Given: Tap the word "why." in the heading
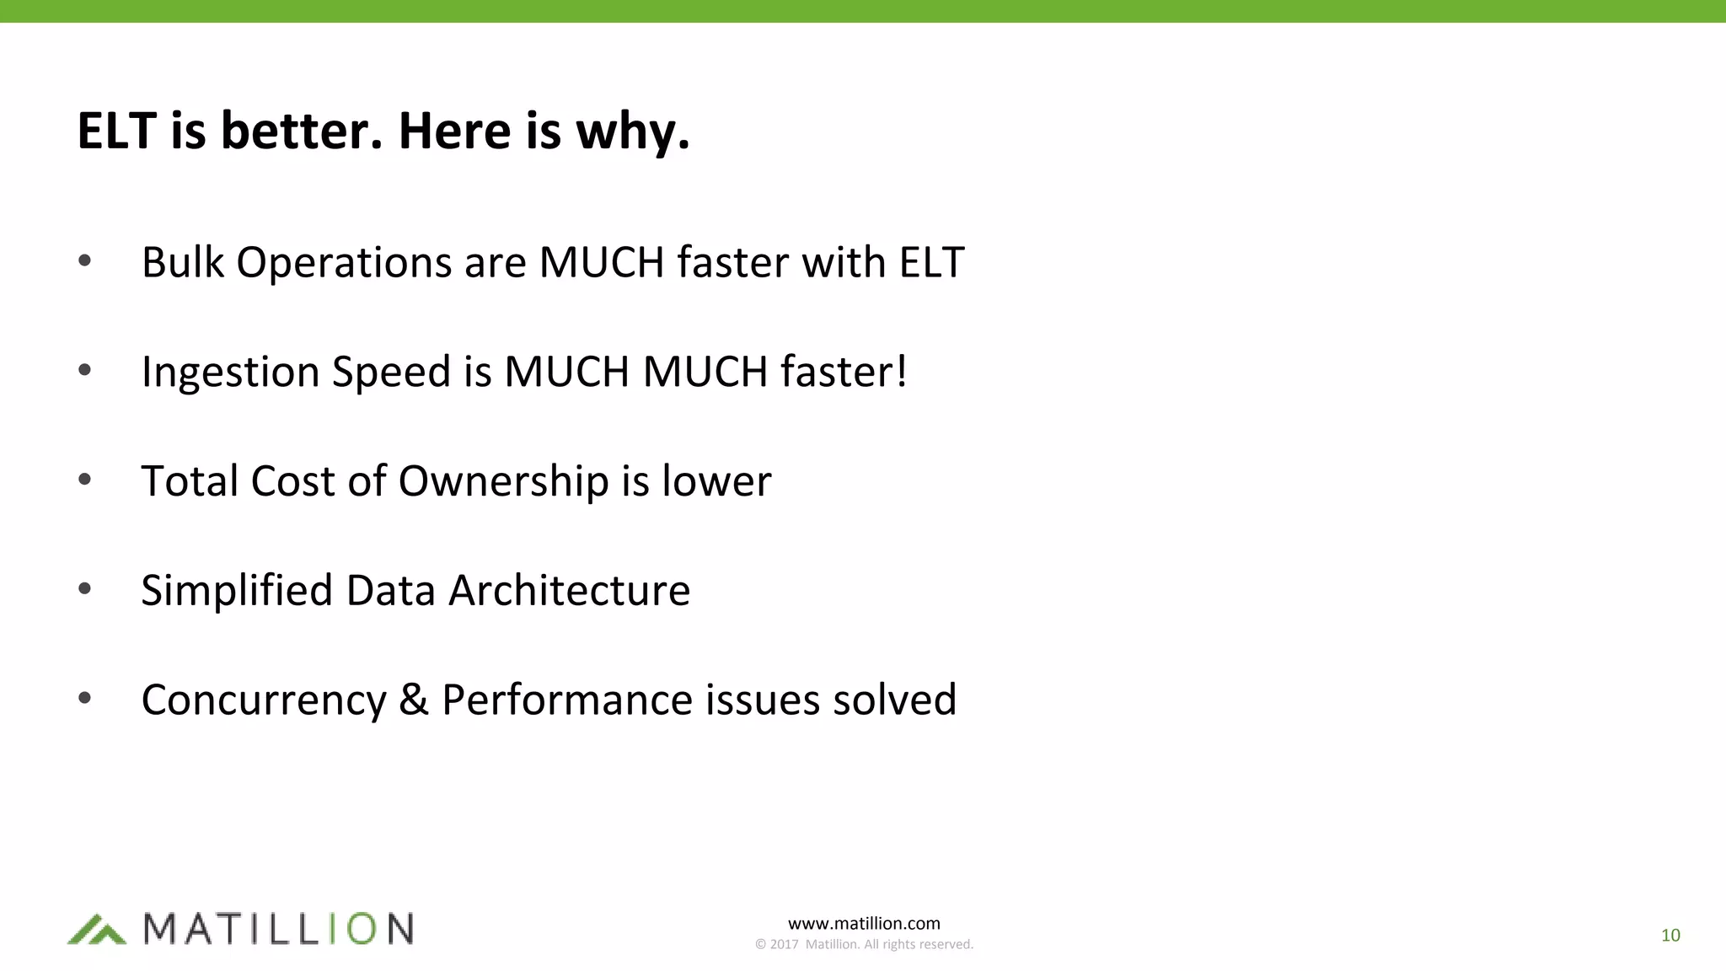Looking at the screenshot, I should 632,133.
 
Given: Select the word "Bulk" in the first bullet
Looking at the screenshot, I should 182,262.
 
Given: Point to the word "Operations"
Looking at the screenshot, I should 344,264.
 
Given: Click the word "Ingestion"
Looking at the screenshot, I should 230,373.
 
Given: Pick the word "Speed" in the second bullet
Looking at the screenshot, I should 391,373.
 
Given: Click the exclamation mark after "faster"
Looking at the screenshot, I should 902,371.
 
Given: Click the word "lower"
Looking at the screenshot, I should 716,481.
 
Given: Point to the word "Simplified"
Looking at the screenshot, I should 237,591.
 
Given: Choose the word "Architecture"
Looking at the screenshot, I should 569,590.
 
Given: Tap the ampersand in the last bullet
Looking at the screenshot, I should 413,700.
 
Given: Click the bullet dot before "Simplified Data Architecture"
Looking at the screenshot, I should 84,589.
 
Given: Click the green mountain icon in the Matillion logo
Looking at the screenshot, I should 96,929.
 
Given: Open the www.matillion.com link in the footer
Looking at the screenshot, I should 864,923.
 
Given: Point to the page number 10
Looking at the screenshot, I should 1670,935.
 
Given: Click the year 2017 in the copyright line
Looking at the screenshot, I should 784,945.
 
